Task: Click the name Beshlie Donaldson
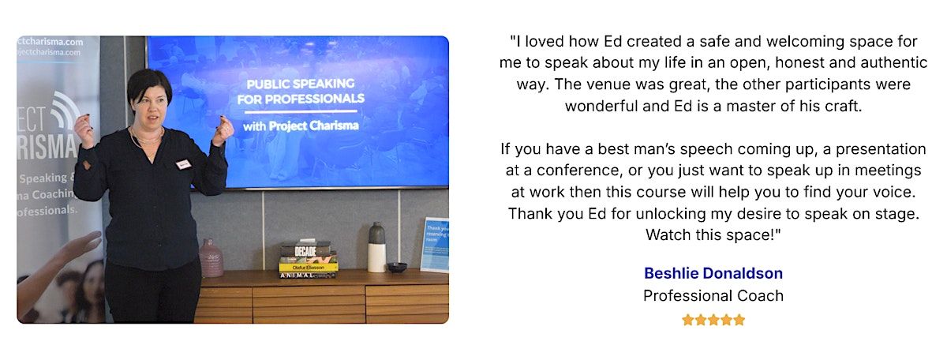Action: (713, 273)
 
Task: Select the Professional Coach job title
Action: (713, 296)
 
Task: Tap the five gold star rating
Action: (713, 320)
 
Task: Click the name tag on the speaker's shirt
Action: (183, 164)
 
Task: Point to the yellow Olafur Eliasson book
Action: (309, 268)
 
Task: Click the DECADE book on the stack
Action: (305, 250)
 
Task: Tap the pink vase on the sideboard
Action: (211, 258)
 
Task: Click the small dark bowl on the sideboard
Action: (397, 267)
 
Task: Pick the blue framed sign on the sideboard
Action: (435, 245)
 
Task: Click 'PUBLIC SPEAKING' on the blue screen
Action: (300, 84)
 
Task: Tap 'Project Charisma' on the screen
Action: (314, 126)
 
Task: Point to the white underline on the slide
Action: (301, 111)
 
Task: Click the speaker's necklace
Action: (145, 138)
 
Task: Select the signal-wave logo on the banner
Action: (65, 111)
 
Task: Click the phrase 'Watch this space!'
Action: (713, 234)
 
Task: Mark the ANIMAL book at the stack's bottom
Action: (308, 275)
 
